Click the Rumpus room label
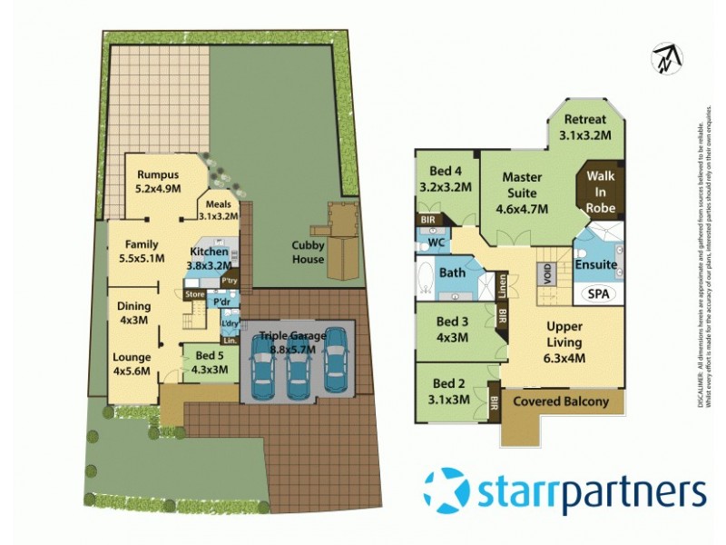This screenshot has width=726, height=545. pos(158,175)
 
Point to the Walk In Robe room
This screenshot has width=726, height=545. pos(602,192)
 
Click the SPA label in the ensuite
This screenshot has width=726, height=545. pos(598,294)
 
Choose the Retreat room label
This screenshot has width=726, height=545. pos(585,120)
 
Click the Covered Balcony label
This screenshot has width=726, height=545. pos(562,401)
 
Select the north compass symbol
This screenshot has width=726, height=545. pos(667,58)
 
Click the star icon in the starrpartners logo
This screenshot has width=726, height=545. pos(446,490)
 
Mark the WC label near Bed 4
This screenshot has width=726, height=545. pos(435,243)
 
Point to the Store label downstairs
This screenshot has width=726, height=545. pos(194,294)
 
